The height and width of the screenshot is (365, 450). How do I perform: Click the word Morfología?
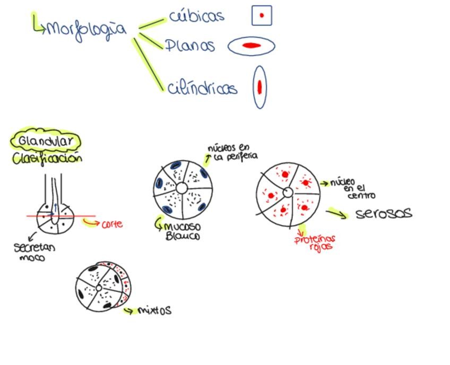click(86, 29)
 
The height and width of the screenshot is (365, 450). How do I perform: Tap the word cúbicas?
click(196, 16)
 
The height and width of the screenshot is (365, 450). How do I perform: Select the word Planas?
click(189, 46)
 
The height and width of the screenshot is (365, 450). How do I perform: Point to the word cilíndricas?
click(202, 88)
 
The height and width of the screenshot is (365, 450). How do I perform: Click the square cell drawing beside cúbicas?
click(262, 15)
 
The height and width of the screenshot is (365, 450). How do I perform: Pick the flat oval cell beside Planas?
click(252, 46)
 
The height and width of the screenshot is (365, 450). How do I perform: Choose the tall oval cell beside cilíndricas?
click(259, 87)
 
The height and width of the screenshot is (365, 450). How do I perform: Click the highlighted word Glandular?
click(46, 142)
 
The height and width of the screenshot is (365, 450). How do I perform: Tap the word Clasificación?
click(47, 158)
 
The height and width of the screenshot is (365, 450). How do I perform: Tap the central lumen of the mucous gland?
click(181, 188)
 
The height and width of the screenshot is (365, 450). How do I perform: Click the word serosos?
click(383, 213)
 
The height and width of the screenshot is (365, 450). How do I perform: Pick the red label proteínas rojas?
click(315, 242)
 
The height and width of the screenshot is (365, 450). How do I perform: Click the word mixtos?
click(154, 310)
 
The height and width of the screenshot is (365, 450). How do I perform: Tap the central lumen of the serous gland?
click(288, 193)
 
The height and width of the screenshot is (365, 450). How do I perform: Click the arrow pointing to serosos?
click(336, 213)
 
